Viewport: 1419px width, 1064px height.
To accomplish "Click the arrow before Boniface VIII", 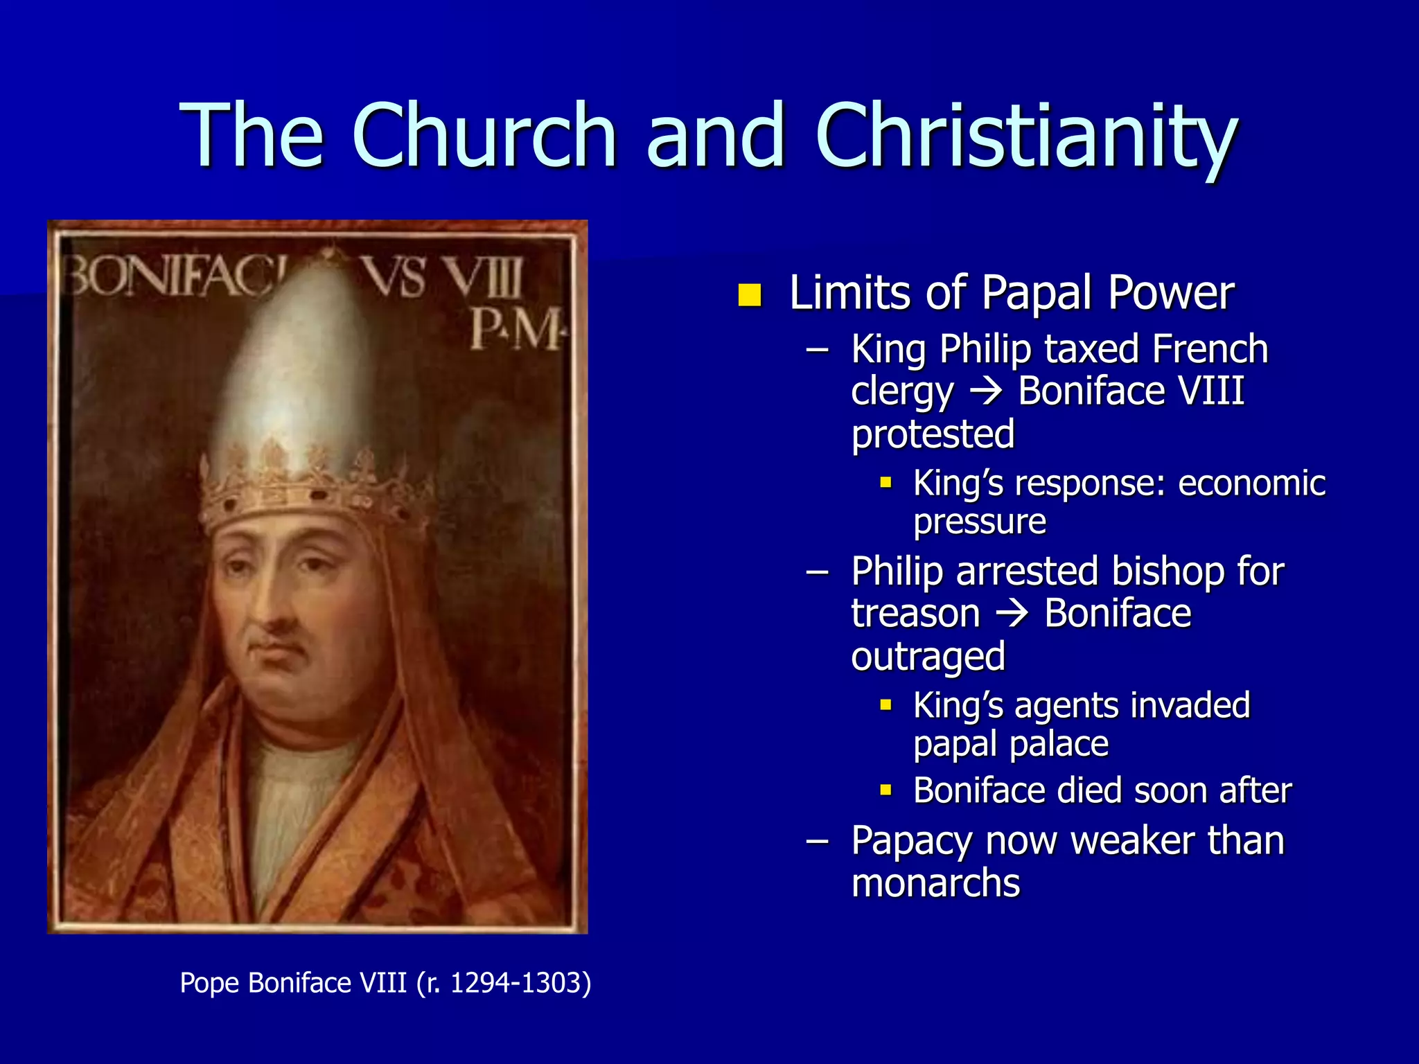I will pyautogui.click(x=986, y=392).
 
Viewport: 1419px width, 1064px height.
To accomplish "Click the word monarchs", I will pyautogui.click(x=935, y=883).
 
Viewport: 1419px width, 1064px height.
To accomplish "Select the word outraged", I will pyautogui.click(x=928, y=657).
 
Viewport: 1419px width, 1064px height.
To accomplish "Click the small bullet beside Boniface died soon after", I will pyautogui.click(x=885, y=790).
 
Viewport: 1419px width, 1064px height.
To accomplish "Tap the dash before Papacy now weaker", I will pyautogui.click(x=818, y=840).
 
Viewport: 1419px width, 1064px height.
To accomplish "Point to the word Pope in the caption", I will pyautogui.click(x=209, y=982).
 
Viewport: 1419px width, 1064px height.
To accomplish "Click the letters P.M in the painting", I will pyautogui.click(x=517, y=329).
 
